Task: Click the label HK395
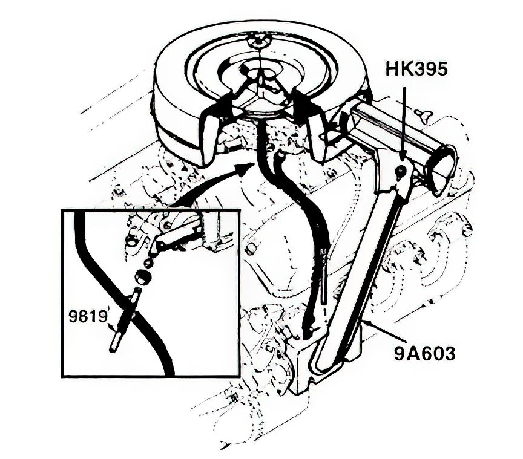click(416, 70)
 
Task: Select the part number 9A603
click(424, 353)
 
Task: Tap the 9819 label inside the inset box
click(87, 316)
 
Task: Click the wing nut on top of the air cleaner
click(255, 41)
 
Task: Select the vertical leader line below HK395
click(404, 123)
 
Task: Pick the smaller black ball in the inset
click(148, 263)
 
